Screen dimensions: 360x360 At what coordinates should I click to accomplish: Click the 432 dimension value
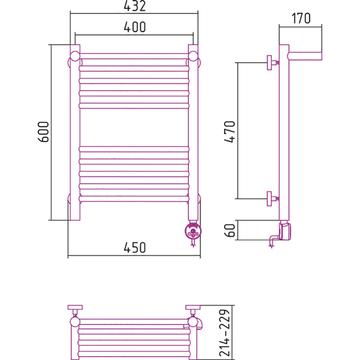pyautogui.click(x=135, y=6)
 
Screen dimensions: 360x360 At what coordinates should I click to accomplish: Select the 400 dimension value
pyautogui.click(x=135, y=27)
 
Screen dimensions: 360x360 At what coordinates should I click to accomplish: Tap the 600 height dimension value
pyautogui.click(x=43, y=132)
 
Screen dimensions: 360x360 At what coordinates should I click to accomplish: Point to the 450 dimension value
pyautogui.click(x=135, y=247)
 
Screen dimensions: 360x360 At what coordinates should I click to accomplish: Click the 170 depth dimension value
pyautogui.click(x=301, y=18)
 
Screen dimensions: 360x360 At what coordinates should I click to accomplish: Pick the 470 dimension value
pyautogui.click(x=229, y=131)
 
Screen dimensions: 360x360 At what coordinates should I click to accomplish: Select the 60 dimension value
pyautogui.click(x=229, y=230)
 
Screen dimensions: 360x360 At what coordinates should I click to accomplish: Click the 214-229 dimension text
pyautogui.click(x=224, y=333)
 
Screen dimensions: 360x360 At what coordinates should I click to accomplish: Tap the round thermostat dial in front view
pyautogui.click(x=193, y=231)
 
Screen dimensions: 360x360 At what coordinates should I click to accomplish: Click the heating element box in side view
pyautogui.click(x=285, y=231)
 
